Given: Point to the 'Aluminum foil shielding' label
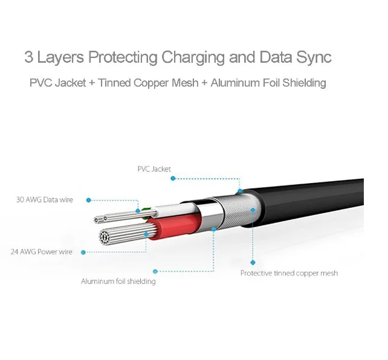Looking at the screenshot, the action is (118, 281).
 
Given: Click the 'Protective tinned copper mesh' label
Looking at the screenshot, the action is (289, 273).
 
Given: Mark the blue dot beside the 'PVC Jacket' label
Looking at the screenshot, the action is (173, 178).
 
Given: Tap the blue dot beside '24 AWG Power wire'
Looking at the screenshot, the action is (83, 252).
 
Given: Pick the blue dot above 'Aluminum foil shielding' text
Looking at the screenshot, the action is (155, 271).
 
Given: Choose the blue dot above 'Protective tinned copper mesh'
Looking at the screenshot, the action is (253, 262).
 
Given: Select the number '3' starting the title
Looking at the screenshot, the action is (28, 57).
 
